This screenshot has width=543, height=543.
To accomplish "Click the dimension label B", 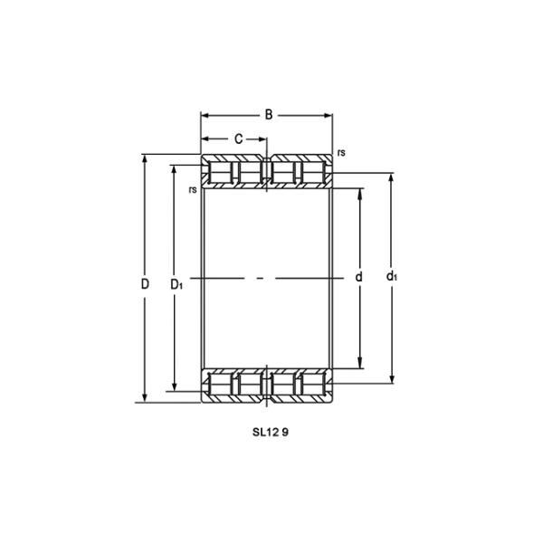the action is [x=269, y=115].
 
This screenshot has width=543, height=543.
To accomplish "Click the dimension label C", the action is [x=239, y=139].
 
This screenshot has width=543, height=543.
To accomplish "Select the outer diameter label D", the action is [x=145, y=284].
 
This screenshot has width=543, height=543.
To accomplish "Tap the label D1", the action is [x=176, y=284].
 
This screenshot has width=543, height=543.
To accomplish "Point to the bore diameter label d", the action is [x=359, y=277].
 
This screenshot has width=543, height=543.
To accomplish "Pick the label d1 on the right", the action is [x=392, y=276].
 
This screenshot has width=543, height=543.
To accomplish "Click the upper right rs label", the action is [x=341, y=153].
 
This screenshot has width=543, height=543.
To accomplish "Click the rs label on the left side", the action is [x=193, y=190].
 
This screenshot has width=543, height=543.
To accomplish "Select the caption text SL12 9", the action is [x=270, y=432].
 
